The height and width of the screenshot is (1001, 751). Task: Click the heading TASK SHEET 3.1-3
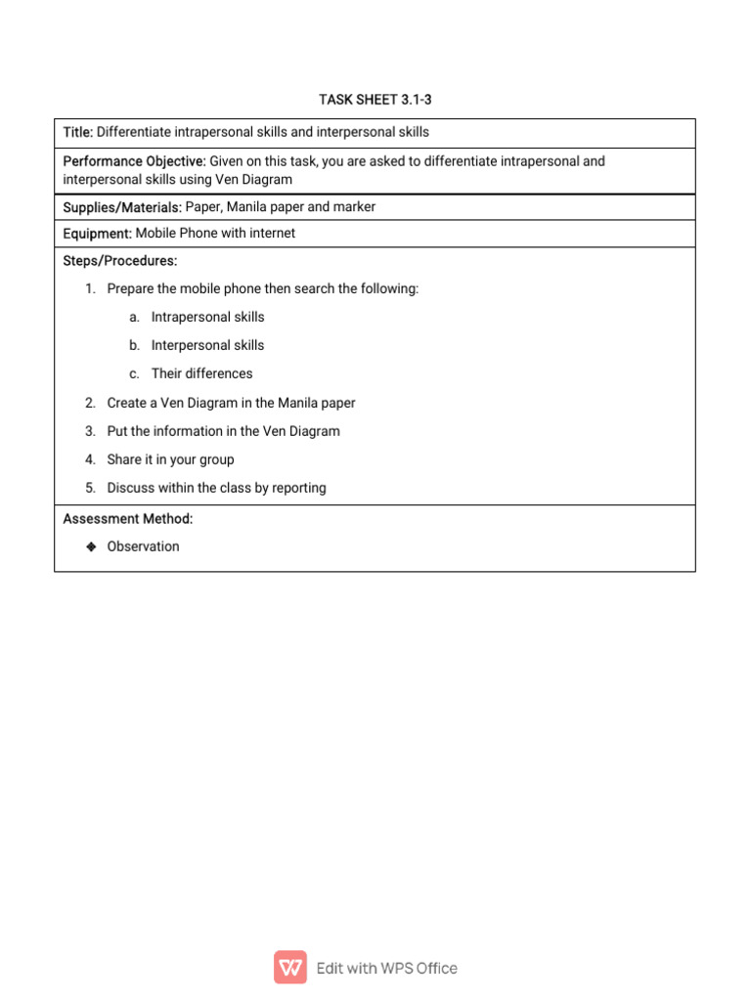[375, 100]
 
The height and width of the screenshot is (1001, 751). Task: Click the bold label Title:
[78, 132]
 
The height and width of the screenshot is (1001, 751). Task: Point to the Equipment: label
[97, 234]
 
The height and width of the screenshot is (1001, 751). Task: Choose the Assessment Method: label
[127, 519]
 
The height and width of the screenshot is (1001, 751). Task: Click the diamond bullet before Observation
[90, 546]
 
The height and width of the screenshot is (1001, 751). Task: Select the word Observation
[143, 546]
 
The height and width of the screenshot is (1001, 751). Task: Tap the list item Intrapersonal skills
[207, 317]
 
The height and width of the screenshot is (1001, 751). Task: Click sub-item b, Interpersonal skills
[207, 345]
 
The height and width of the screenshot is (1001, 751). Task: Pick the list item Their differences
[201, 373]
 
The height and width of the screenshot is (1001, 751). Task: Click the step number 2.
[89, 403]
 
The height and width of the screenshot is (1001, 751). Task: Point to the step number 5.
[89, 488]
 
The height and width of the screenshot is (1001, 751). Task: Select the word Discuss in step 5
[131, 488]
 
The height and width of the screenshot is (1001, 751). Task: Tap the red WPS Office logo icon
[290, 968]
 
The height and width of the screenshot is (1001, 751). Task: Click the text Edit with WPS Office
[386, 968]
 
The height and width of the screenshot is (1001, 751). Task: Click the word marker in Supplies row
[354, 207]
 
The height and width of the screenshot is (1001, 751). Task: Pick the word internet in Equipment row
[271, 234]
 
